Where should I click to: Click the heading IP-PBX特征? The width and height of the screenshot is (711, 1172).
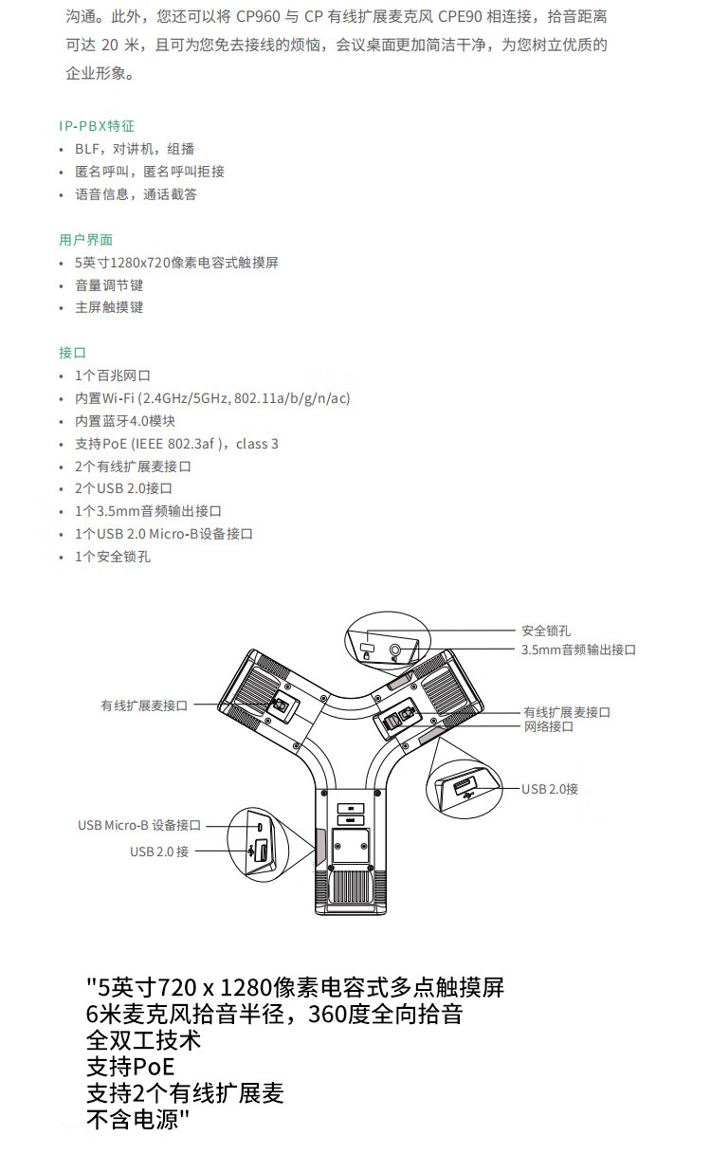pos(97,126)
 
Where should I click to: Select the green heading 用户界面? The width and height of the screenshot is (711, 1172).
pos(85,240)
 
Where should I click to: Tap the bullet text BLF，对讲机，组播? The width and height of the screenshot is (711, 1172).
pos(135,149)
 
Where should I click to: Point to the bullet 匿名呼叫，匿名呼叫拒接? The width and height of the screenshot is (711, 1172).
pos(150,172)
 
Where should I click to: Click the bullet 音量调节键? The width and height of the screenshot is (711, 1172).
pos(109,284)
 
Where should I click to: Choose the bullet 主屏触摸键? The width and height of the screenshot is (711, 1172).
pos(109,307)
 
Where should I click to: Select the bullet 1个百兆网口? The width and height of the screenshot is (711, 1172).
pos(113,375)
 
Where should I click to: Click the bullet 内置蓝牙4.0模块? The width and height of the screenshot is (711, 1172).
pos(125,421)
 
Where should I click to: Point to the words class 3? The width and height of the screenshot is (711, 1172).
pos(257,444)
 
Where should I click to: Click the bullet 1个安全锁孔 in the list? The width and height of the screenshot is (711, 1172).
pos(113,557)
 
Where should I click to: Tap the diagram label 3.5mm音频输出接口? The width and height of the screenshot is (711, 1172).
pos(578,650)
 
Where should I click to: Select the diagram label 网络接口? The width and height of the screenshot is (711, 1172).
pos(549,726)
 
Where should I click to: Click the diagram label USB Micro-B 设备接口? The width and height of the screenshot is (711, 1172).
pos(139,825)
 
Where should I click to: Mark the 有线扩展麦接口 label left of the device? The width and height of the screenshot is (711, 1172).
pos(145,705)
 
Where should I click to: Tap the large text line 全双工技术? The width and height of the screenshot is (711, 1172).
pos(144,1040)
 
